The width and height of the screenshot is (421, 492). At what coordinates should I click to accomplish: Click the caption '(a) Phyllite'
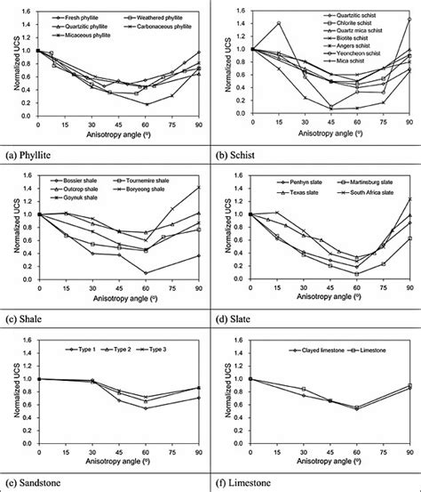pos(33,148)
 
